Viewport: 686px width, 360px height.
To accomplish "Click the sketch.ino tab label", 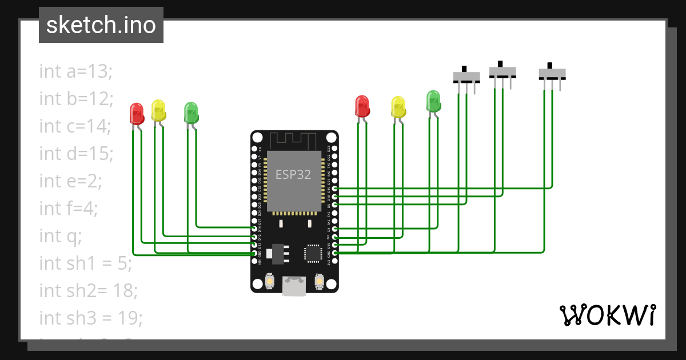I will point(101,25).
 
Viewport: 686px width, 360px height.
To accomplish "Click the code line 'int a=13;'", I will point(76,71).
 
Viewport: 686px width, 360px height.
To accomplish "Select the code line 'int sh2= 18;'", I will point(88,290).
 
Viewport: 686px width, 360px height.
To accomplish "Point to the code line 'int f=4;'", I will point(69,208).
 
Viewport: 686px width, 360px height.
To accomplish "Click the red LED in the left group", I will point(137,113).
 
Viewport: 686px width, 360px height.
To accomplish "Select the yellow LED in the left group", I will point(158,110).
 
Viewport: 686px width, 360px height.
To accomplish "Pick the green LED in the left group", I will point(191,113).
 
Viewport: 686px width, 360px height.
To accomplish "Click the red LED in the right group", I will point(362,106).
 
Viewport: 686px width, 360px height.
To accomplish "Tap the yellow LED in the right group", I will point(398,107).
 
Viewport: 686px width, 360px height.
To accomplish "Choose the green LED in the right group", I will point(434,101).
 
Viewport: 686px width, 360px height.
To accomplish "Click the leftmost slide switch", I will point(467,76).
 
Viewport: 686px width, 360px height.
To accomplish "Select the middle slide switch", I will point(502,71).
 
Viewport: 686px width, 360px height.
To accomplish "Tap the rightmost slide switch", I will point(552,74).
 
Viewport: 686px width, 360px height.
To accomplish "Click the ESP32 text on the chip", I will point(293,175).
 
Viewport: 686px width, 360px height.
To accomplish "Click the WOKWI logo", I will point(607,315).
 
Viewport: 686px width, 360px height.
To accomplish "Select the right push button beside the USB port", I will point(319,282).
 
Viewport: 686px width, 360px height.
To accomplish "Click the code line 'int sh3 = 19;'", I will point(90,318).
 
